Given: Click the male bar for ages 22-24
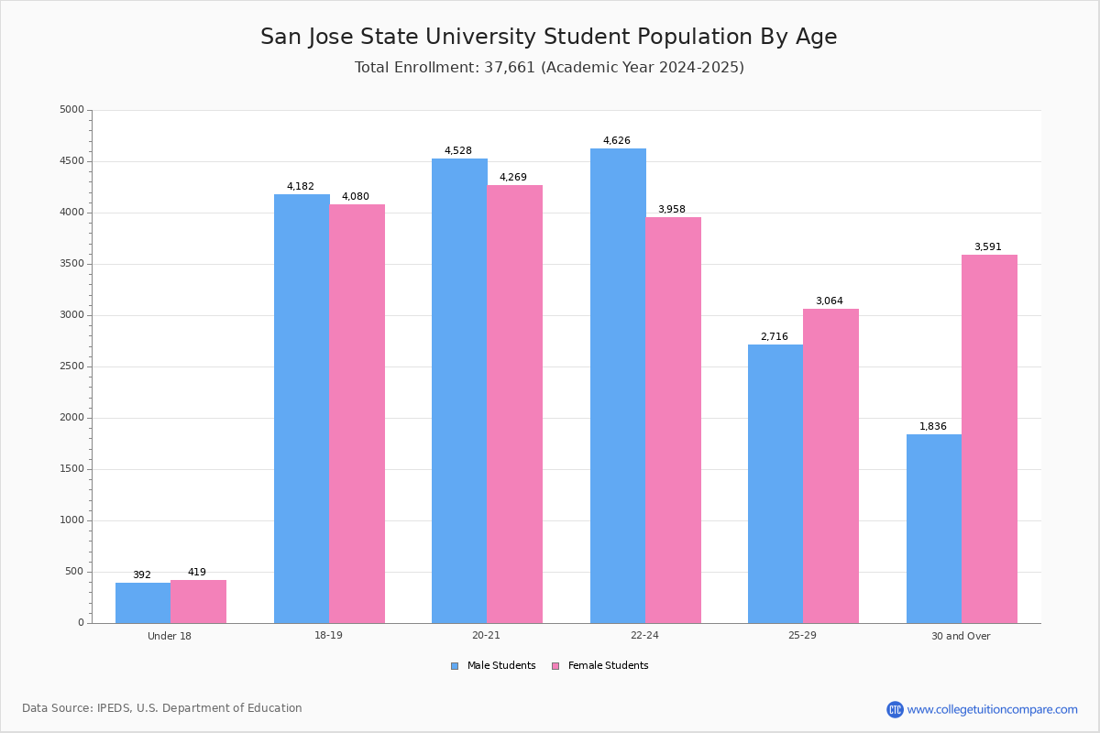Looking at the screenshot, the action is coord(618,386).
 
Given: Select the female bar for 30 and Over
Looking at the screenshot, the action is coord(989,439).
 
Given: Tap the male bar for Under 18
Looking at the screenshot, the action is coord(143,603).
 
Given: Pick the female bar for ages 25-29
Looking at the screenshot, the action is coord(830,466).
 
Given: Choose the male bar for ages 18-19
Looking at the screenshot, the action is coord(302,409).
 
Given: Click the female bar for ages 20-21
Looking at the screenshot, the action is coord(514,404).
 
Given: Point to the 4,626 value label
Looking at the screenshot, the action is coord(617,140).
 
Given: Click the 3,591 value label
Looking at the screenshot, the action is coord(988,246).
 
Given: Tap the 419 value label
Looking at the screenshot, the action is coord(197,572).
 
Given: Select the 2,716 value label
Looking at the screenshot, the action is coord(775,336).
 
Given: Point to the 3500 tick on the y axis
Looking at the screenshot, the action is coord(72,264).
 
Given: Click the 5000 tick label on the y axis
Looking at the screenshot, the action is coord(72,109).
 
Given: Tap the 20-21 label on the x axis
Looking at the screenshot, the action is coord(486,635).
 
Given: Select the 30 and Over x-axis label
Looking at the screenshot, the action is coord(961,636).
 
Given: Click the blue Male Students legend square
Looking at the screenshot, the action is coord(455,666).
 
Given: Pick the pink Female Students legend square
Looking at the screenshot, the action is coord(555,666).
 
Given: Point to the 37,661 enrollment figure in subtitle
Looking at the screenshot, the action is coord(510,67).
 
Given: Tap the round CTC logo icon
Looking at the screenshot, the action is coord(895,709).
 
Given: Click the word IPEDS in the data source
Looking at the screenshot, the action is coord(114,708).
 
